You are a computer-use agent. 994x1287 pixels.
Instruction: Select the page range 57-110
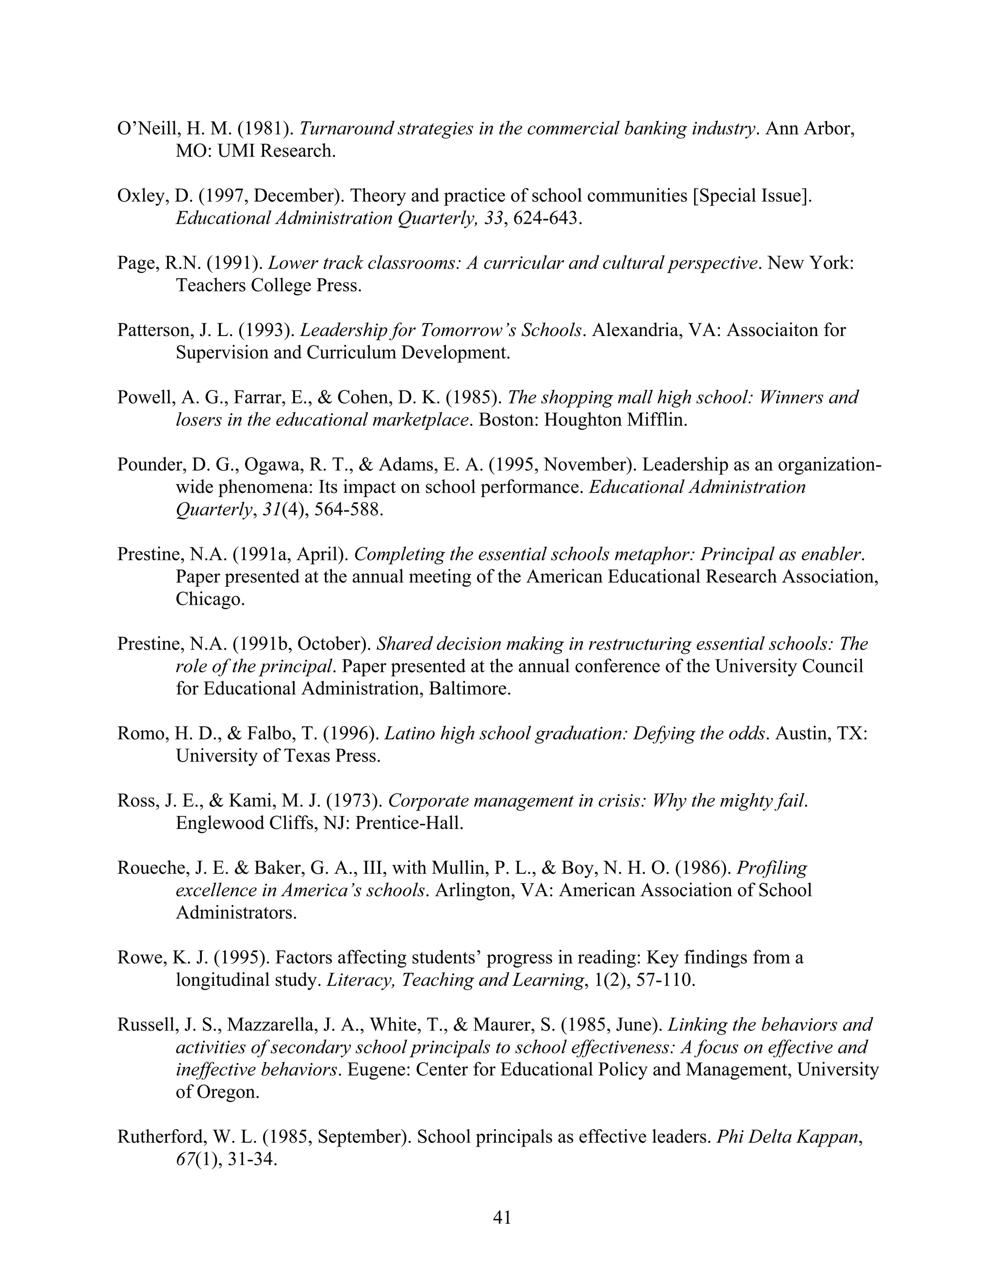663,980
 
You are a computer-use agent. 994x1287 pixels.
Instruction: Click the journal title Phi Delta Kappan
787,1137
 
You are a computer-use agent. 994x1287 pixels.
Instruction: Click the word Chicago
209,599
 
